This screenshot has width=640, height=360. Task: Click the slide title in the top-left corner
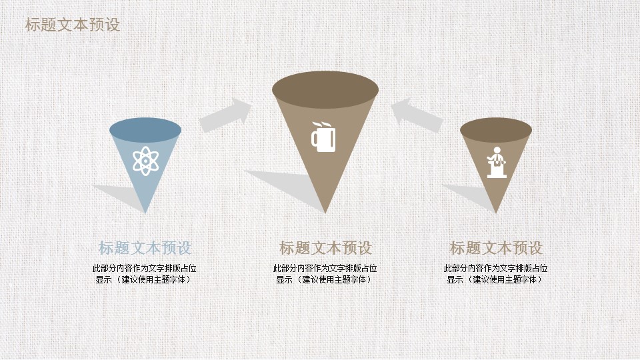tap(73, 25)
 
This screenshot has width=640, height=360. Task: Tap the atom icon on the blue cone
tap(145, 161)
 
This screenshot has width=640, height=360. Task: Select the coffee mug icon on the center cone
tap(324, 137)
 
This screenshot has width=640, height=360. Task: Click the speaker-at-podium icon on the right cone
tap(497, 162)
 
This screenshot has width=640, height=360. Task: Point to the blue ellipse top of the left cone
tap(145, 130)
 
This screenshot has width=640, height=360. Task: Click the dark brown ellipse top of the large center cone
tap(325, 90)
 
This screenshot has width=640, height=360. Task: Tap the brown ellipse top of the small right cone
tap(496, 130)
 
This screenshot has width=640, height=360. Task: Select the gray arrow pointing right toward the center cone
tap(225, 115)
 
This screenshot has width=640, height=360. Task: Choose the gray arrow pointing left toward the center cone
tap(417, 115)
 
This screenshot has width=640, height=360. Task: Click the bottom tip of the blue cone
tap(145, 213)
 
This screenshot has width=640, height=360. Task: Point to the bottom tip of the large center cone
tap(325, 213)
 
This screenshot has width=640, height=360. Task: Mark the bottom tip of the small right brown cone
tap(496, 213)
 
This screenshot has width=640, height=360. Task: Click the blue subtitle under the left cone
tap(145, 248)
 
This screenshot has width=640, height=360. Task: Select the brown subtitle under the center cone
tap(325, 248)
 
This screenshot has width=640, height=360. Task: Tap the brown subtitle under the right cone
tap(496, 248)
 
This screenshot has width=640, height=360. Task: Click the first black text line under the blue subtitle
tap(145, 268)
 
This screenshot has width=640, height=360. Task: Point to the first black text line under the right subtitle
tap(495, 268)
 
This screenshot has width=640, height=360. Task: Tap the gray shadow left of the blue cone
tap(119, 196)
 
